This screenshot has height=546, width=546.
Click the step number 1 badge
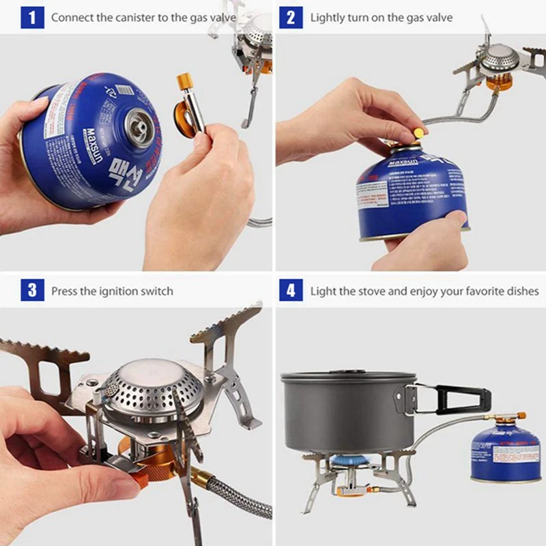[x=31, y=17]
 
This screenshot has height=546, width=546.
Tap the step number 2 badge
[x=291, y=17]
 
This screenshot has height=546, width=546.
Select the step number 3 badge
[x=31, y=291]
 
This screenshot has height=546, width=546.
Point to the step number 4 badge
[x=291, y=291]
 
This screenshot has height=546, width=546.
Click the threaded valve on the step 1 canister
[x=141, y=124]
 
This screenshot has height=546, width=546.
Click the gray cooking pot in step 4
[x=348, y=409]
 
